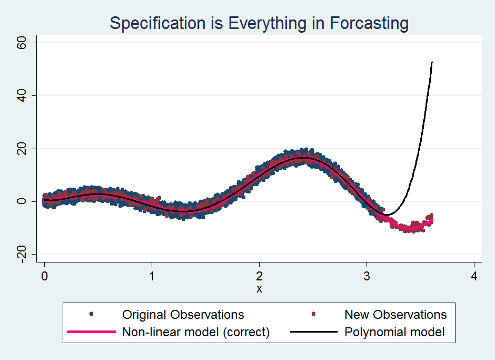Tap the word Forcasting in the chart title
[369, 24]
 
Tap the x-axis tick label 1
[152, 276]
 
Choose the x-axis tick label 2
[259, 276]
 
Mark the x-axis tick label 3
[367, 276]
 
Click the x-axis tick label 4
[474, 276]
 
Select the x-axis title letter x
[259, 288]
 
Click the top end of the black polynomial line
[432, 62]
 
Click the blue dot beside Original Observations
[92, 315]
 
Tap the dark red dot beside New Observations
[314, 315]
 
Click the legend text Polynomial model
[394, 332]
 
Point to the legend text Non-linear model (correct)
[196, 332]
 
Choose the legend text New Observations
[395, 315]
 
